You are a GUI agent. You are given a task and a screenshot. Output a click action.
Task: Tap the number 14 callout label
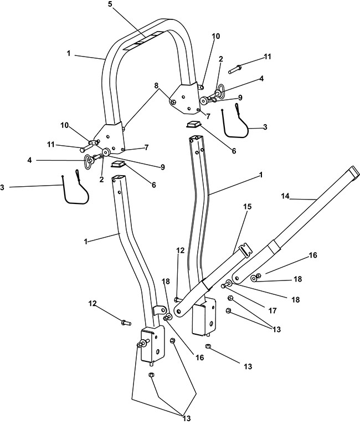(x=285, y=196)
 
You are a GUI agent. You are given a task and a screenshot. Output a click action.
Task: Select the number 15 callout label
(x=247, y=207)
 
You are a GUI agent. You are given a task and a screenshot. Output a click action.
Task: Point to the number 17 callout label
(x=272, y=311)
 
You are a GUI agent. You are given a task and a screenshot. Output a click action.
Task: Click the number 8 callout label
(x=156, y=85)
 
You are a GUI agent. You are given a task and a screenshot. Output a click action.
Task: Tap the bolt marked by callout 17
(x=226, y=285)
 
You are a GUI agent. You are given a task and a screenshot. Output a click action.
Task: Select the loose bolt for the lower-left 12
(x=126, y=322)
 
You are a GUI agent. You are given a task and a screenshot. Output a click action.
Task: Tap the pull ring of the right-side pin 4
(x=219, y=90)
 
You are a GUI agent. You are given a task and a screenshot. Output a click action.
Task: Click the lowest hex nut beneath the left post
(x=151, y=375)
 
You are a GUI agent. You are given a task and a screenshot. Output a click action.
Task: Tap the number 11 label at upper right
(x=268, y=57)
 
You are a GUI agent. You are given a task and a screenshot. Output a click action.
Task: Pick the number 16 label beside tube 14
(x=313, y=255)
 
